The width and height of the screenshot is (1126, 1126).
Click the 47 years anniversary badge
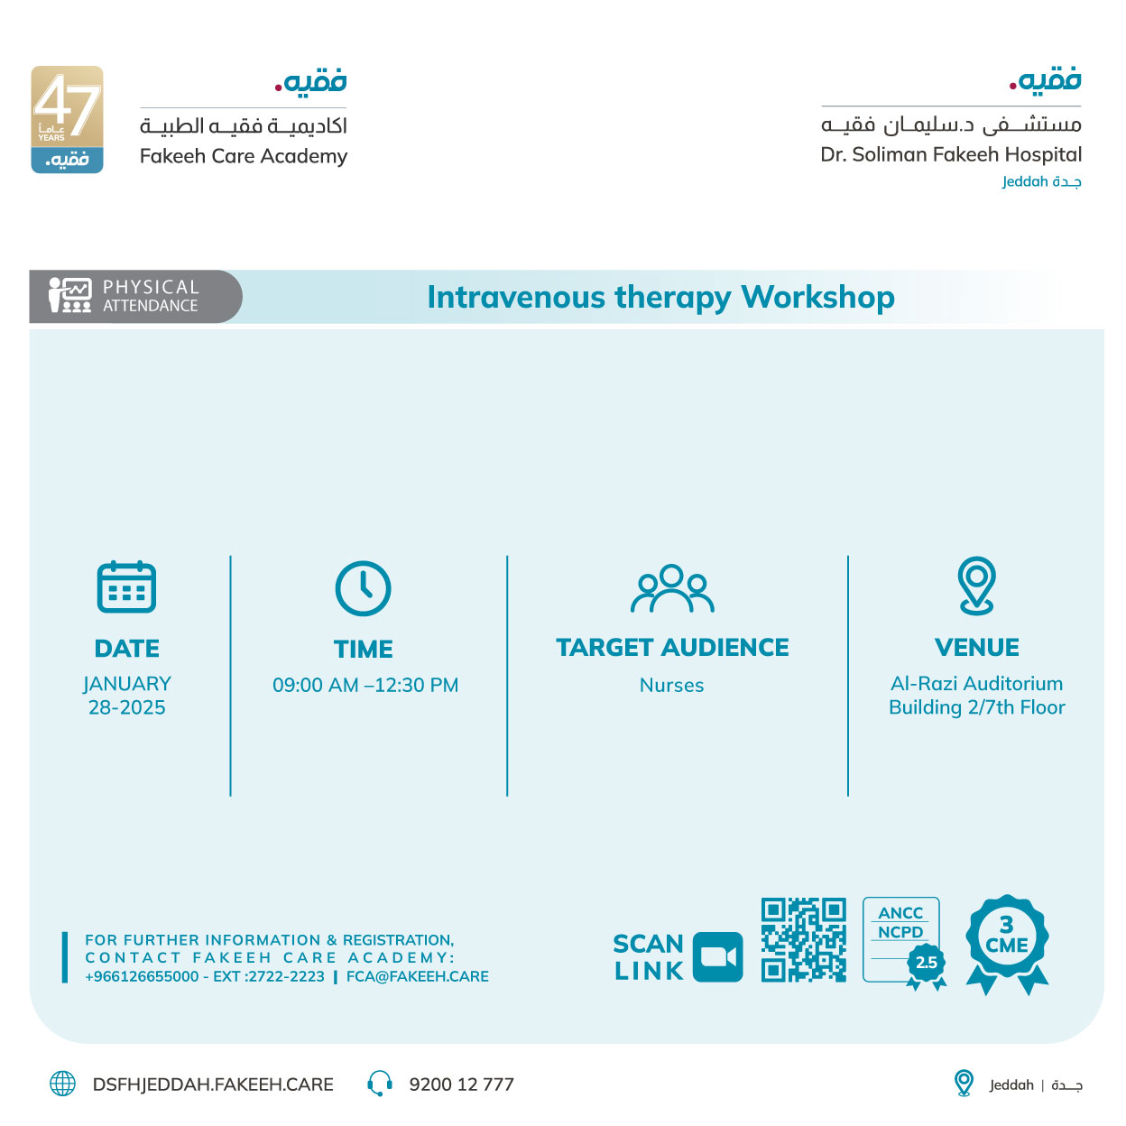coord(67,119)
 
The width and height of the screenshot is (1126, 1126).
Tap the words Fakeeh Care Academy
coord(244,156)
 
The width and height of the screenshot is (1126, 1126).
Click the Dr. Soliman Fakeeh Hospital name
coord(951,154)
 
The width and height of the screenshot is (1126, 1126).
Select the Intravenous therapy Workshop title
coord(660,297)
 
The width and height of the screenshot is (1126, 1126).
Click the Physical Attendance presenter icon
coord(70,295)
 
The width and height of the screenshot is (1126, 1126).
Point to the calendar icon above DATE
coord(126,586)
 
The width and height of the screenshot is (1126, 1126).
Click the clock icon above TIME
coord(363,588)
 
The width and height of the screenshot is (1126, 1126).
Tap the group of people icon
coord(672,589)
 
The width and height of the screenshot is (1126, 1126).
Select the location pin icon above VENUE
coord(977,586)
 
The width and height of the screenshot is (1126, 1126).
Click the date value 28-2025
coord(127,707)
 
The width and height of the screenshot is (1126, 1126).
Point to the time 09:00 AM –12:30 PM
coord(365,686)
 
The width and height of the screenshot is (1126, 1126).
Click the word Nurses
coord(671,686)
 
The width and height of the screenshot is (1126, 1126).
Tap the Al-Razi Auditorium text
coord(977,684)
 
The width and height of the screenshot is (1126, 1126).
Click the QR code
coord(804,939)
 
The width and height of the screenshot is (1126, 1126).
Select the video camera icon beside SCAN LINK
coord(718,956)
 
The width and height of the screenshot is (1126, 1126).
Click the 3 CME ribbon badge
coord(1007,940)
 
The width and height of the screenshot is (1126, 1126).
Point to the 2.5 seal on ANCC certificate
coord(927,964)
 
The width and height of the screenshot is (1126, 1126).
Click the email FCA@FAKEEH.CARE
coord(418,976)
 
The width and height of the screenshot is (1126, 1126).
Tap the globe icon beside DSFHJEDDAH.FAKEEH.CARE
coord(63,1084)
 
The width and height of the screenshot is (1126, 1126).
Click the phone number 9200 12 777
coord(461,1084)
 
